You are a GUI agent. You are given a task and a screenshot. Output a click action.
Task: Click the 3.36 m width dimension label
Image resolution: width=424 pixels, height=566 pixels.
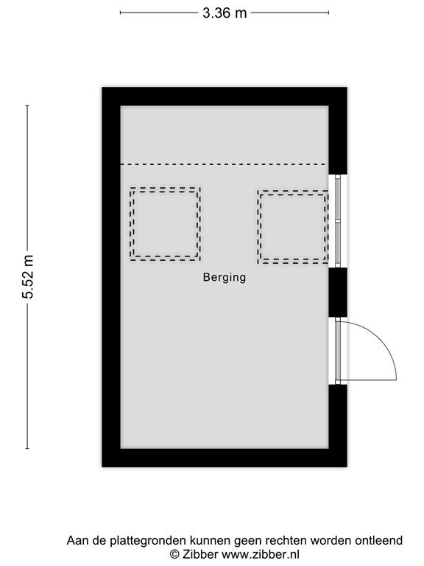225,13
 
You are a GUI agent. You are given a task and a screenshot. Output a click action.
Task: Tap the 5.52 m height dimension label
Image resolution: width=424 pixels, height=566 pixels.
29,277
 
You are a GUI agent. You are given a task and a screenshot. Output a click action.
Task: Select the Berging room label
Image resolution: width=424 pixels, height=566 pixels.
225,278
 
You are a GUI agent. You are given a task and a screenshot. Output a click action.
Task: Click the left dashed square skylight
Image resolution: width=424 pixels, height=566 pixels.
166,223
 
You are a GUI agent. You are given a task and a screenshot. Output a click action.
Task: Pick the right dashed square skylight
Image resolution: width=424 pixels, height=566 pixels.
294,227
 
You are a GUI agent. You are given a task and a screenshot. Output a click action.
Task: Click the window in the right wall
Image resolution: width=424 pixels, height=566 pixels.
338,220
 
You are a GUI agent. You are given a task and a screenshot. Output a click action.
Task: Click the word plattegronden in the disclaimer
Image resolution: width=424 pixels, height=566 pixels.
146,541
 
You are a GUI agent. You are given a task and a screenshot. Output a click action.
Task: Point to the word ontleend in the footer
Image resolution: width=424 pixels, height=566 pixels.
380,541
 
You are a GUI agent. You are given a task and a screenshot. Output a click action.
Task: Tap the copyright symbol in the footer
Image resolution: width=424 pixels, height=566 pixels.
175,554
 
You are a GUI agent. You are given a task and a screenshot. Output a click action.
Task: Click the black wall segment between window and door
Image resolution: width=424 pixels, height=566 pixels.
337,292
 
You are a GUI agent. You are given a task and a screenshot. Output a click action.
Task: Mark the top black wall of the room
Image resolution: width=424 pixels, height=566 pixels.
224,97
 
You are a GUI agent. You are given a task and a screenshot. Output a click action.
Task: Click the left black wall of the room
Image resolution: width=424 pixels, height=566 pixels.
110,277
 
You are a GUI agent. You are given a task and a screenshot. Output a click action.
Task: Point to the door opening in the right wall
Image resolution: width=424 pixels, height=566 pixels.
337,351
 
